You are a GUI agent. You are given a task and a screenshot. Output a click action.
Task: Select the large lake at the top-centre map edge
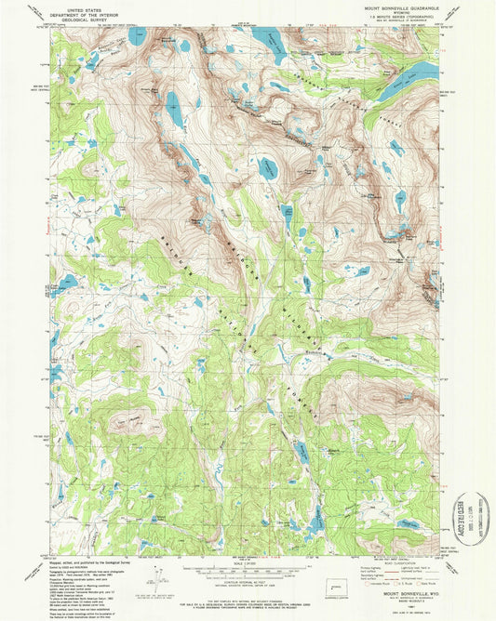[270, 42]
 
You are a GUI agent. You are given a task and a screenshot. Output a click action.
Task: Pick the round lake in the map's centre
[268, 167]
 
